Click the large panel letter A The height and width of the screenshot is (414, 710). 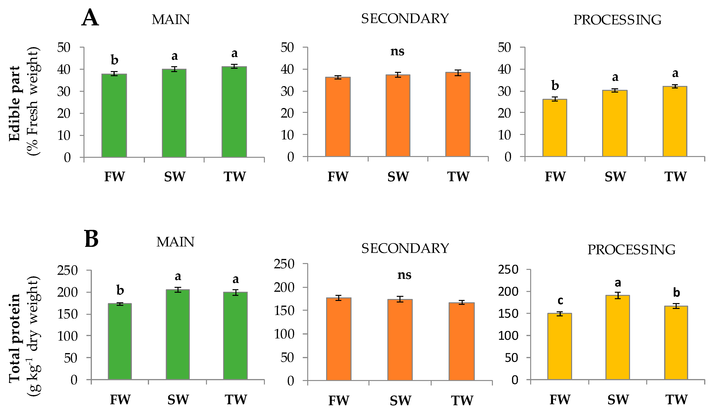click(90, 18)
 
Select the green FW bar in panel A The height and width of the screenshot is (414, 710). click(114, 116)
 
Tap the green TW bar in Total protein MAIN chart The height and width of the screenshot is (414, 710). click(235, 336)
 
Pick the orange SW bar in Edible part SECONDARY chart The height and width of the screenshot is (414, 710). click(398, 116)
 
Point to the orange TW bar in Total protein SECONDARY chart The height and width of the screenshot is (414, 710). click(461, 341)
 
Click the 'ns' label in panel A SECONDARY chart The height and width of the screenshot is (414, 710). click(397, 52)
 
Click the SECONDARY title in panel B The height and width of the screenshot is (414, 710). click(405, 248)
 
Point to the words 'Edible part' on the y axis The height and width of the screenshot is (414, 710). click(15, 103)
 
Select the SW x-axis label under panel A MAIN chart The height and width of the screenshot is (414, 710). click(175, 177)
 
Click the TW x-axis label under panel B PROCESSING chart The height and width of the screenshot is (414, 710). click(676, 400)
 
